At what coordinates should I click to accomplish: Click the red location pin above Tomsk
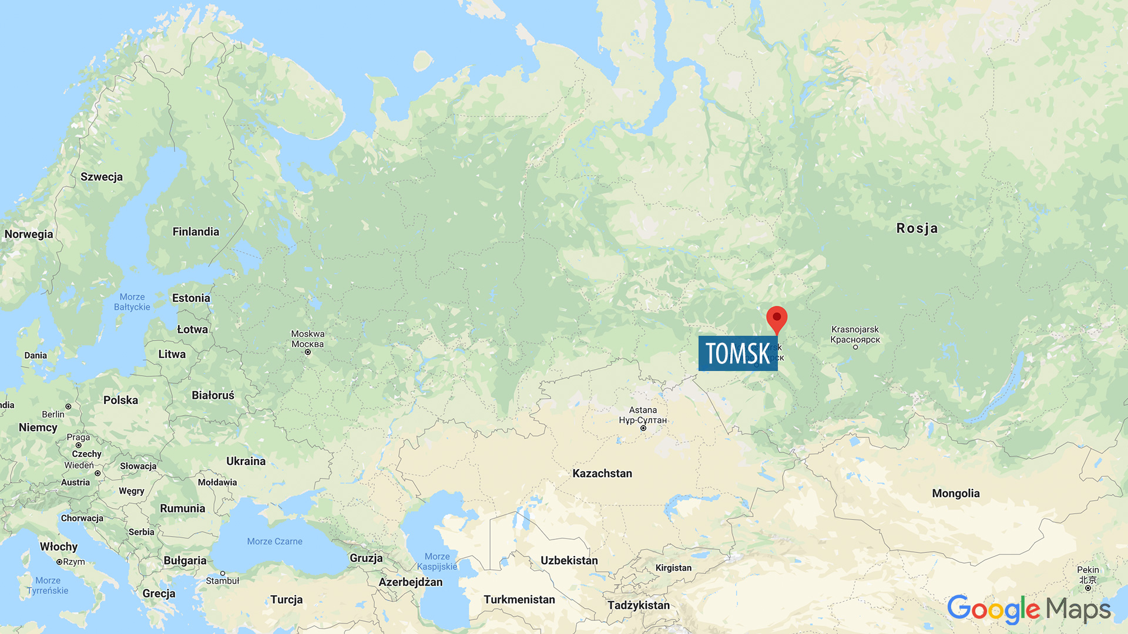777,318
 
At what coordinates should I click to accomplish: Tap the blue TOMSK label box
737,353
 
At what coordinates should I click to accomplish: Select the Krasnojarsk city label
855,335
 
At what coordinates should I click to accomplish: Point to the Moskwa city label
308,339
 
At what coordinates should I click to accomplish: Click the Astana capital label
643,415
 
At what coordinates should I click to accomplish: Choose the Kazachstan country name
602,474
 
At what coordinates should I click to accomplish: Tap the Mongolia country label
955,494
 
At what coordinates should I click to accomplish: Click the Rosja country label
916,228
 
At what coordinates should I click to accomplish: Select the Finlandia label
196,232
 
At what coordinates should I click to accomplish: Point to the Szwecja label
102,177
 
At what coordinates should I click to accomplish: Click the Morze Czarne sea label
274,541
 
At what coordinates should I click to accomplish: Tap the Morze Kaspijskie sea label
437,561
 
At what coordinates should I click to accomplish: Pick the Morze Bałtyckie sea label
132,302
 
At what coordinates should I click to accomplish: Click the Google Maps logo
1029,609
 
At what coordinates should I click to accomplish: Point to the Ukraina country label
246,461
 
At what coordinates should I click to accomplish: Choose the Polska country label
120,400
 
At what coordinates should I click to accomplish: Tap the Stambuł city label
222,581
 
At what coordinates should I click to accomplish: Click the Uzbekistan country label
569,561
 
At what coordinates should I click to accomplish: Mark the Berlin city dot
68,406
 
